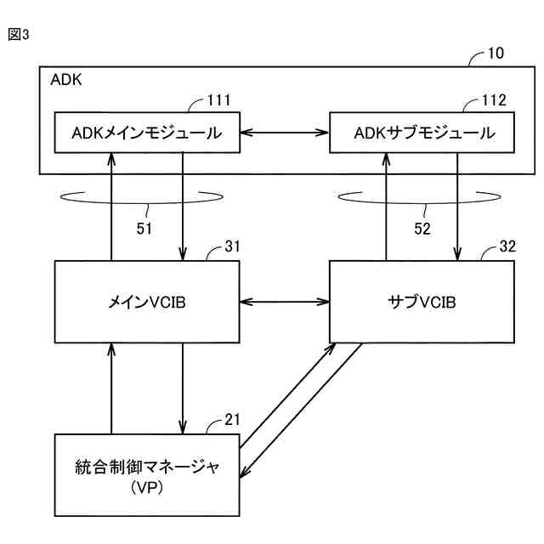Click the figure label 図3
click(x=19, y=34)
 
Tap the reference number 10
click(x=496, y=53)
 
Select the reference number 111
click(x=219, y=100)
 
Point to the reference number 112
click(x=494, y=100)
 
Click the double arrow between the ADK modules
click(x=285, y=133)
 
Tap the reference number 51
click(x=144, y=229)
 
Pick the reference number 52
click(x=422, y=229)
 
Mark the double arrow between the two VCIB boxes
click(x=285, y=302)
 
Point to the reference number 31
click(x=232, y=246)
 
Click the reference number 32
click(x=507, y=246)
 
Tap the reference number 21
click(x=232, y=420)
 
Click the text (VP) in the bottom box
click(x=147, y=488)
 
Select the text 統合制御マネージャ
click(x=147, y=467)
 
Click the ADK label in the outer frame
click(x=66, y=80)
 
